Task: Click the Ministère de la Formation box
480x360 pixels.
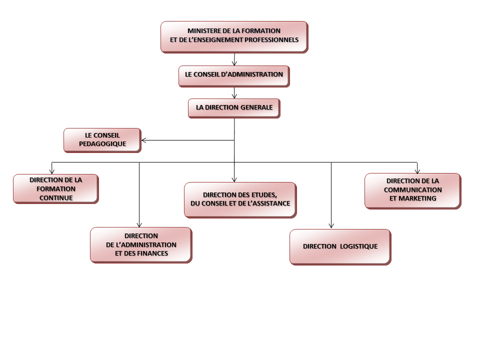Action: point(234,36)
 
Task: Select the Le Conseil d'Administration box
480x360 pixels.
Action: point(234,75)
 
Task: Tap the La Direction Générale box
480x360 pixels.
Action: point(234,108)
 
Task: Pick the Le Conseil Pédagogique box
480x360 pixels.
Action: point(102,140)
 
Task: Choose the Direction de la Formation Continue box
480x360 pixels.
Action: point(55,188)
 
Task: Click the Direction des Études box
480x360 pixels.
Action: point(240,199)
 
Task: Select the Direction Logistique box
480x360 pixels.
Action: point(340,246)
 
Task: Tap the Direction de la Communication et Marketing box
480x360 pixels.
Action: point(412,190)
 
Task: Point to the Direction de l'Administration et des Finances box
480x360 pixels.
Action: point(141,244)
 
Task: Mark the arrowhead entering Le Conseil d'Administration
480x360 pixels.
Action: point(234,63)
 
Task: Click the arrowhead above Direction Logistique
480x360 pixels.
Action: point(331,226)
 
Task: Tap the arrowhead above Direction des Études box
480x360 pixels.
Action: point(234,179)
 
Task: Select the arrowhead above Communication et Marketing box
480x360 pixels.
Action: point(417,171)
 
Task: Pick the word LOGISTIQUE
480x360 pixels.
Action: point(359,246)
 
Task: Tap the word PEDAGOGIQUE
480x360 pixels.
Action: point(102,144)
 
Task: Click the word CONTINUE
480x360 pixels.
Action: point(56,197)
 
